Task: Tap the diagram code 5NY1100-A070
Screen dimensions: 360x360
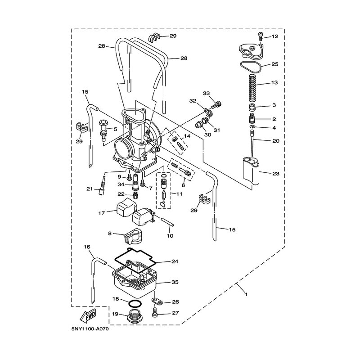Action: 90,329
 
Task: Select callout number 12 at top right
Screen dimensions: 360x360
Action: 274,36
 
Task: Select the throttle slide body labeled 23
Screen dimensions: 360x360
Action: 251,171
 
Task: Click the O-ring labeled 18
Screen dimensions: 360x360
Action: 135,303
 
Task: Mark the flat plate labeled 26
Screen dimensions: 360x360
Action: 157,301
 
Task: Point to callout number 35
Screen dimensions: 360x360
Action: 175,282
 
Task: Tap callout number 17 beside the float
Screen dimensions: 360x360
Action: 102,213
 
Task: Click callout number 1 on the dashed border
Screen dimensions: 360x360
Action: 246,294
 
